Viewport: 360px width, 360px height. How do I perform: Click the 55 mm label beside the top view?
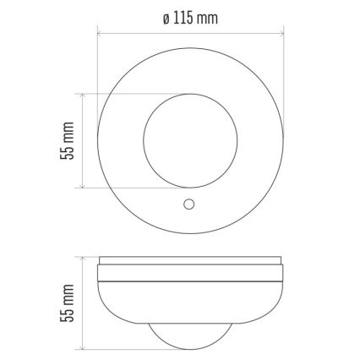tap(69, 139)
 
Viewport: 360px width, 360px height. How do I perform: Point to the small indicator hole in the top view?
tap(189, 204)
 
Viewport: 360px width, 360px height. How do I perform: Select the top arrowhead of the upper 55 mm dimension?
tap(83, 95)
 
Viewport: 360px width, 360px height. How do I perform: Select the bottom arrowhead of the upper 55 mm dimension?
tap(83, 183)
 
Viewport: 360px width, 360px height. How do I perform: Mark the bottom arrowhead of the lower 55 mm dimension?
tap(83, 346)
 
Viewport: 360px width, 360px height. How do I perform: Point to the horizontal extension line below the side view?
tap(118, 348)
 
